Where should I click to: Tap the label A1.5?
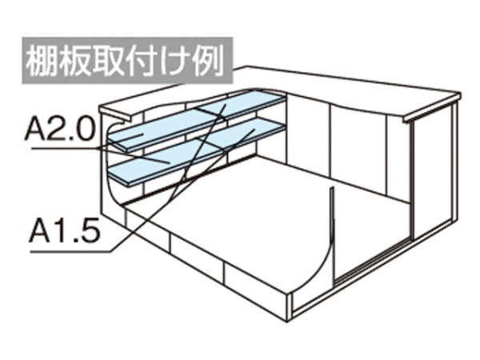[x=65, y=230]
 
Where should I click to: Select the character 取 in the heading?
[x=108, y=62]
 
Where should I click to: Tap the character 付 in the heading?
[x=141, y=62]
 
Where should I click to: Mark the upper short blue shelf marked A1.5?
[x=242, y=103]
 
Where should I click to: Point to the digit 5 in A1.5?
[x=90, y=230]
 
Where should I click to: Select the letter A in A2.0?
[x=35, y=129]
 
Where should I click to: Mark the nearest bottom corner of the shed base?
[x=287, y=322]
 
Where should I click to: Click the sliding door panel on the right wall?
[x=432, y=171]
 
